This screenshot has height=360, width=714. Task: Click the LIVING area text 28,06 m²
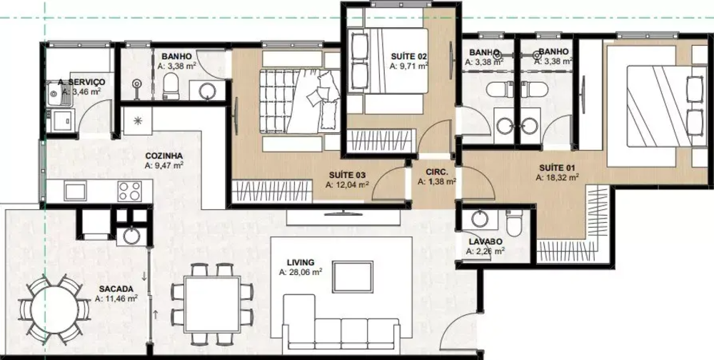click(301, 272)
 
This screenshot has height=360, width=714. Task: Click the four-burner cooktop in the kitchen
click(129, 191)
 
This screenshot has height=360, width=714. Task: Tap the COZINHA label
click(164, 155)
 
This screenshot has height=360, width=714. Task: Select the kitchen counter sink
click(75, 191)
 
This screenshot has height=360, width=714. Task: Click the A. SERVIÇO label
click(81, 82)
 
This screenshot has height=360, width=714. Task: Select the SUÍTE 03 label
click(348, 174)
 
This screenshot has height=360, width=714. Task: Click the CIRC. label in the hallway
click(436, 172)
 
